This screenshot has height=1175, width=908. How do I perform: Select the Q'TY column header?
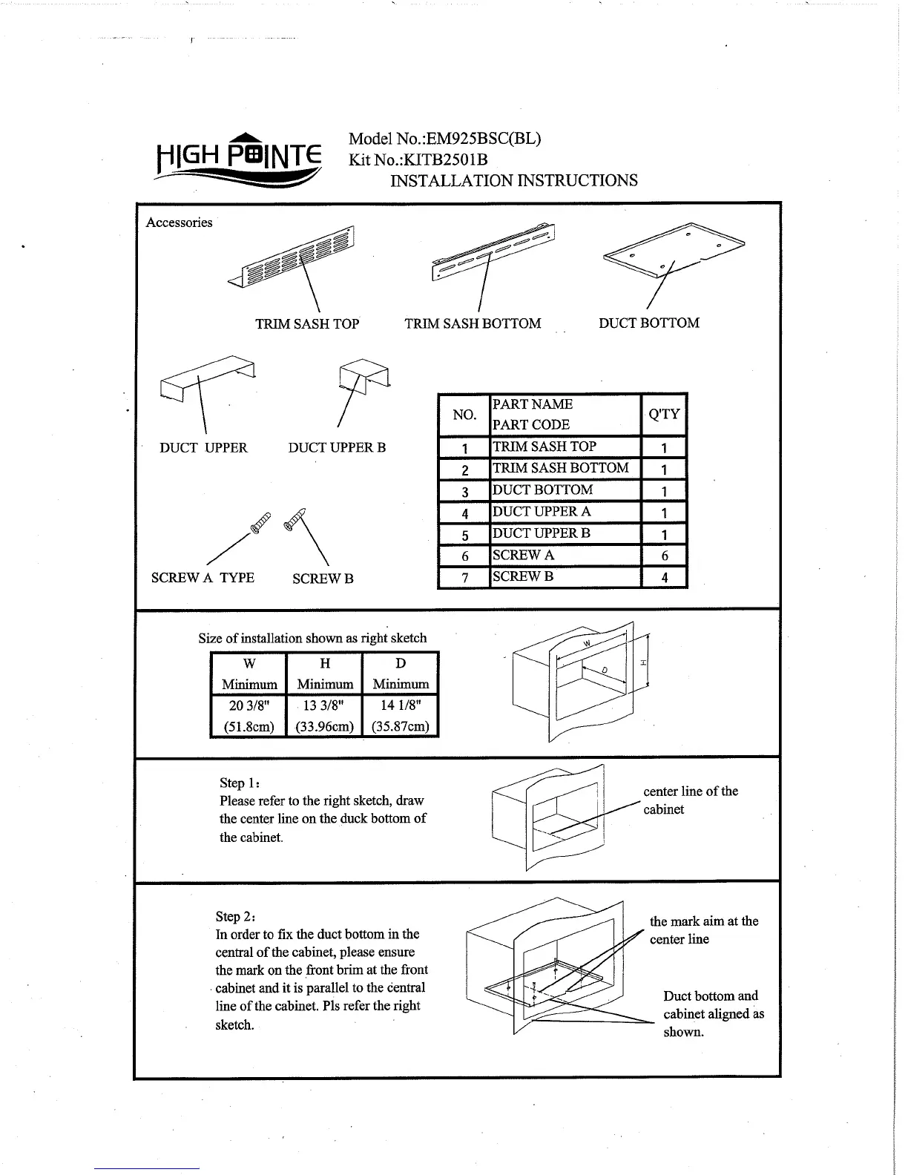point(664,414)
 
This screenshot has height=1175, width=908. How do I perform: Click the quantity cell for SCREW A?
point(664,556)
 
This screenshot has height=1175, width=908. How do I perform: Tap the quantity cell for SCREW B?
point(664,577)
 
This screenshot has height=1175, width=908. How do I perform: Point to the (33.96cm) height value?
point(324,726)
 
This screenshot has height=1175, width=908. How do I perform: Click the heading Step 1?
point(239,783)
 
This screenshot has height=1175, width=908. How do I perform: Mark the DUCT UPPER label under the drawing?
point(203,447)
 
